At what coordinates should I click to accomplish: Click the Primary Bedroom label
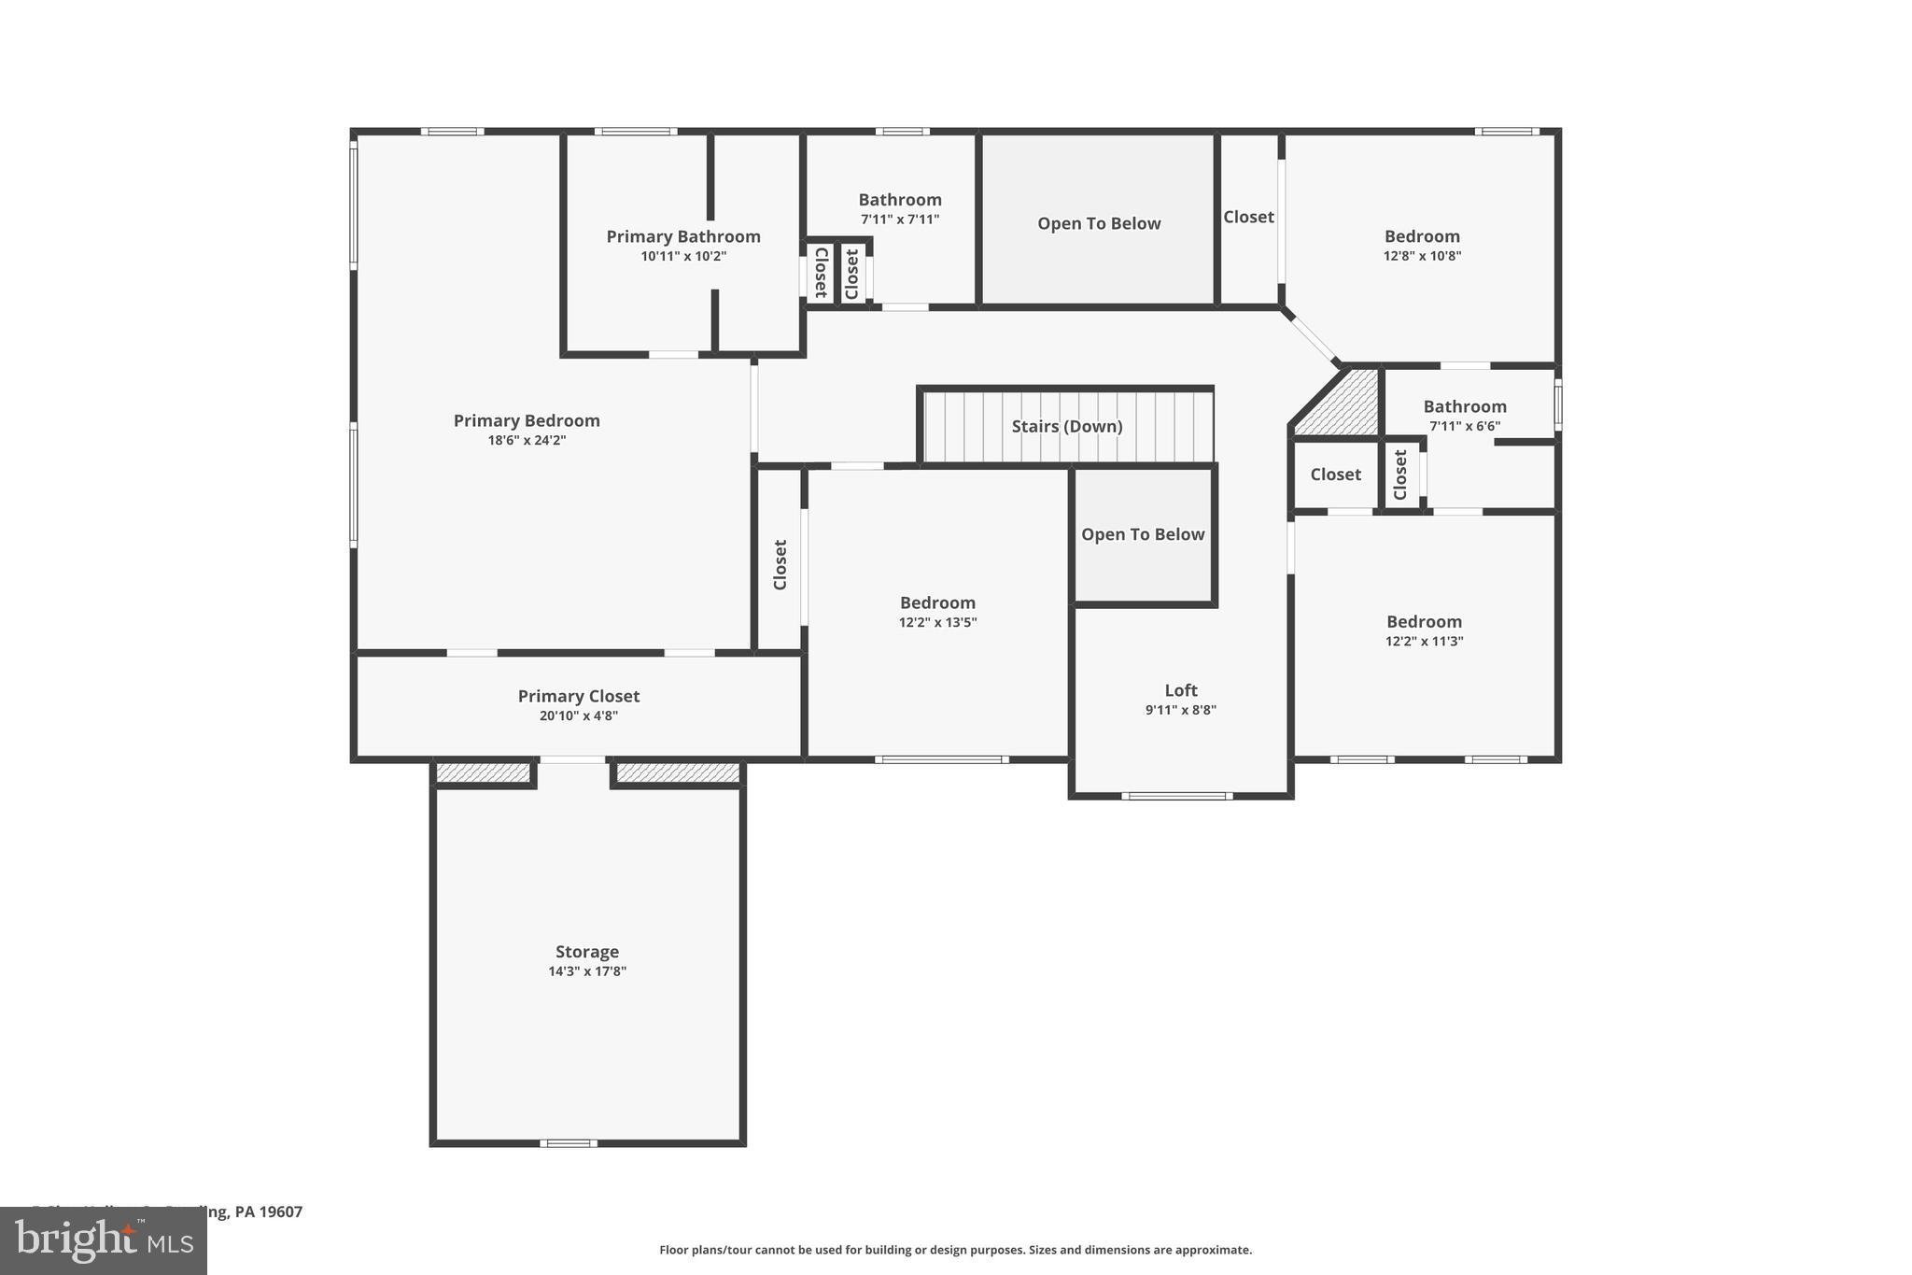click(x=527, y=420)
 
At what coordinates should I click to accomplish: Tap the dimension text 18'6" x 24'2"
click(x=527, y=440)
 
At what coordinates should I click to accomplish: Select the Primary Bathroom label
click(x=683, y=236)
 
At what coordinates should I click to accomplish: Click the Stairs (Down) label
click(x=1067, y=426)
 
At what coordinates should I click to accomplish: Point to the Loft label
click(x=1180, y=690)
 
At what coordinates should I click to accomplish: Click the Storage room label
click(x=587, y=951)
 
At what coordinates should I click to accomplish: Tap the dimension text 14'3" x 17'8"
click(x=587, y=971)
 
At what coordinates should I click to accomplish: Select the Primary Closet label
click(x=579, y=696)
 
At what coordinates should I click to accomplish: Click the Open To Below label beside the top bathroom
click(x=1099, y=223)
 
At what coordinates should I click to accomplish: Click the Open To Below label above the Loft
click(x=1143, y=534)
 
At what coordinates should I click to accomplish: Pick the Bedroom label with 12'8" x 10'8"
click(x=1422, y=236)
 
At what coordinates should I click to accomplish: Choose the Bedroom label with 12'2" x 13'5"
click(x=937, y=602)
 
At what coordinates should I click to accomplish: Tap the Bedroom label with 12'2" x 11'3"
click(x=1424, y=621)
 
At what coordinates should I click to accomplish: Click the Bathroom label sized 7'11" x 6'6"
click(x=1465, y=406)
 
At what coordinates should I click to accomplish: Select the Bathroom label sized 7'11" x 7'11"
click(x=900, y=199)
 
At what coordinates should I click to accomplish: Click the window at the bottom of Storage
click(x=569, y=1143)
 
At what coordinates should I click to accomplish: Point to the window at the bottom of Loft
click(x=1176, y=796)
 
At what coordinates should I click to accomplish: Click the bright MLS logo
click(x=104, y=1241)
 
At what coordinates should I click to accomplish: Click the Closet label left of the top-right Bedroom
click(x=1248, y=217)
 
